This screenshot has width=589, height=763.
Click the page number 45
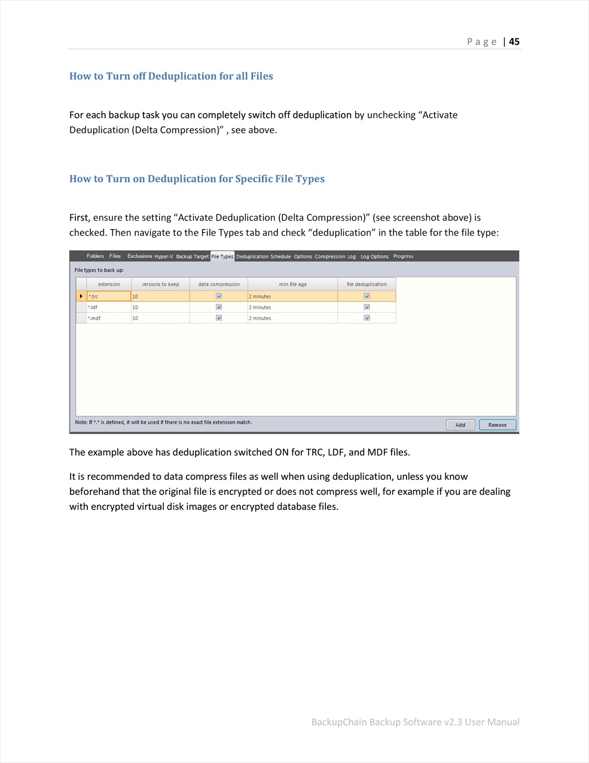click(x=514, y=42)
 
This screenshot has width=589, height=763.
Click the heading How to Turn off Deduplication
click(x=171, y=76)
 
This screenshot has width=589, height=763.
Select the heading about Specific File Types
click(x=197, y=179)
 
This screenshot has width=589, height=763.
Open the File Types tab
click(x=222, y=257)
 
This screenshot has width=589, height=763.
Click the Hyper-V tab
click(x=163, y=257)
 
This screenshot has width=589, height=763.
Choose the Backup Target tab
click(x=192, y=257)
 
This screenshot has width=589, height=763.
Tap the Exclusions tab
click(x=139, y=256)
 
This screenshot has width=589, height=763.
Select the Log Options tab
click(x=374, y=257)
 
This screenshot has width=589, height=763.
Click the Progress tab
click(x=403, y=256)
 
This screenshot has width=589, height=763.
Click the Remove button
click(x=497, y=425)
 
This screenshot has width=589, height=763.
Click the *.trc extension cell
click(x=108, y=296)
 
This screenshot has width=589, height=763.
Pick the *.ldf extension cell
click(x=108, y=308)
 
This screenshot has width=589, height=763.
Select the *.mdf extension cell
click(x=108, y=318)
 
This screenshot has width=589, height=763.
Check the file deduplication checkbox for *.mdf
click(x=367, y=318)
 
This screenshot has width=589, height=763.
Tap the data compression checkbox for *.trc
click(x=219, y=296)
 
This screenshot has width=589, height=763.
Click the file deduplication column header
click(x=367, y=284)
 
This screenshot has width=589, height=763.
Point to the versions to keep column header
click(x=160, y=284)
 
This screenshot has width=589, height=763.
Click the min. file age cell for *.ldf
click(x=292, y=308)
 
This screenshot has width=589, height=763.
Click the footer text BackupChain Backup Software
click(x=415, y=722)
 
